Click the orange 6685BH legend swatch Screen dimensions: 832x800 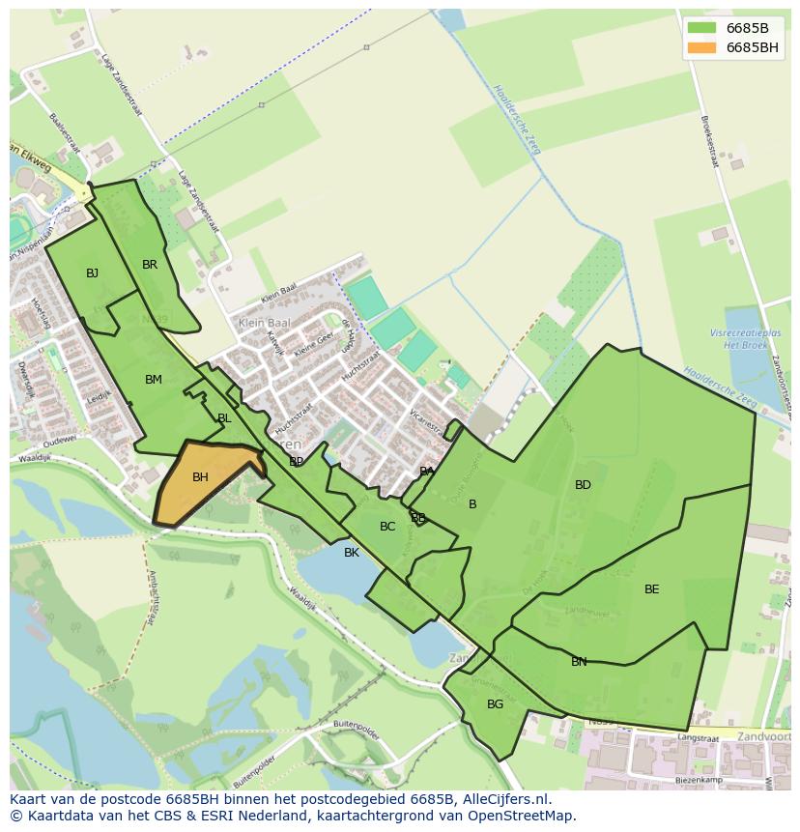click(x=701, y=47)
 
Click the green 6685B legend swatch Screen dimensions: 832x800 click(x=701, y=28)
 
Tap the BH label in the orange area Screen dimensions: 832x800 click(x=200, y=477)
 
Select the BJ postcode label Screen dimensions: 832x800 click(x=92, y=273)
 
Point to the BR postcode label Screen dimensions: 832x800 click(x=150, y=265)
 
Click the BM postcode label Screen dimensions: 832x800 click(x=154, y=380)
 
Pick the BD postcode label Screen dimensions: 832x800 click(x=583, y=485)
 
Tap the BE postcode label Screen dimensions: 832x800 click(x=652, y=589)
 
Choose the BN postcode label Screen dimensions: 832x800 click(x=579, y=662)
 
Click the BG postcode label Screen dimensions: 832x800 click(x=496, y=704)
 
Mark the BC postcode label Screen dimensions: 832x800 click(x=387, y=527)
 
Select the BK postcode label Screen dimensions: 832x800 click(x=352, y=553)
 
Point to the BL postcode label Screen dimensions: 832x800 click(x=224, y=418)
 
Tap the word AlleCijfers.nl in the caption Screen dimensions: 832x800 click(x=502, y=799)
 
